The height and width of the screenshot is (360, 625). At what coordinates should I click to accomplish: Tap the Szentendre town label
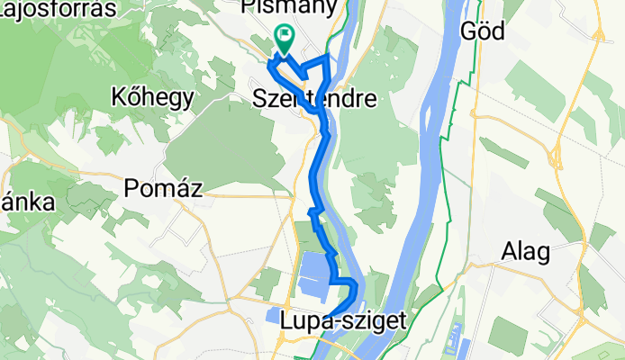pos(314,97)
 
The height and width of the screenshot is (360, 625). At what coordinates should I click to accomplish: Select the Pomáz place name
pos(163,189)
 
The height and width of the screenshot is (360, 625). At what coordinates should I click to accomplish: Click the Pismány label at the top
pos(289,7)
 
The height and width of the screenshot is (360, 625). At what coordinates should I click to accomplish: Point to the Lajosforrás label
pos(59,9)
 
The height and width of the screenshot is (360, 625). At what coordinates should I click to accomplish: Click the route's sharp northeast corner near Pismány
pos(326,58)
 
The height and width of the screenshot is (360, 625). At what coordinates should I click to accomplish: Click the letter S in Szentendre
pos(261,97)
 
